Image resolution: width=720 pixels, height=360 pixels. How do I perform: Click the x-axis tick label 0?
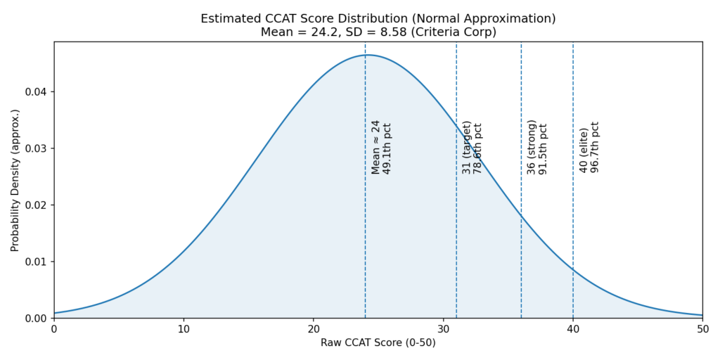coord(54,328)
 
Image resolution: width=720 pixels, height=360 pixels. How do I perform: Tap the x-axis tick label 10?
coord(184,328)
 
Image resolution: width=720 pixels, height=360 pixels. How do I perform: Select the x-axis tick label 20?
coord(314,328)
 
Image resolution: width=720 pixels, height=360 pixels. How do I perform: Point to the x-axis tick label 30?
coord(443,328)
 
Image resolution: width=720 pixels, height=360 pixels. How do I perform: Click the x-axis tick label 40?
coord(573,328)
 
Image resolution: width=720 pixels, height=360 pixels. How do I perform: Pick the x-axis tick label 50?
coord(702,328)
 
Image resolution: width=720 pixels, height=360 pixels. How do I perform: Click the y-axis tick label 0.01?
coord(36,262)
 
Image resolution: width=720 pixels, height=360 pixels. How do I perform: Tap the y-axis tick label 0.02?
coord(36,205)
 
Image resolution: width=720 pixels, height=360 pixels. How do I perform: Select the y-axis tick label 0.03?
coord(36,148)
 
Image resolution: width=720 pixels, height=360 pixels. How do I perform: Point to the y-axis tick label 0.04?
coord(36,92)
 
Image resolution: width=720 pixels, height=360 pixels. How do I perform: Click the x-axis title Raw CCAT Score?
coord(378,342)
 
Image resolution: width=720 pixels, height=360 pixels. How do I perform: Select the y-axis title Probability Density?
coord(15,180)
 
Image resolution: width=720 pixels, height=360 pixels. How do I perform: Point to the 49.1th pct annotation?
coord(387,148)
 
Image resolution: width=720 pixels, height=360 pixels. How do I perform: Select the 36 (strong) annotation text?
coord(532,146)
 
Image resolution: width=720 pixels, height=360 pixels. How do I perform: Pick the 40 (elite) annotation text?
coord(584,150)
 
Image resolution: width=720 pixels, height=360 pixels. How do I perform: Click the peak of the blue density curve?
coord(367,55)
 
